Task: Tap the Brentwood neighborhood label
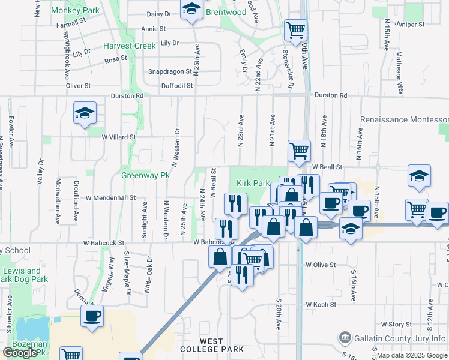[x=226, y=12]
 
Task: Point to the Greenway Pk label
[x=146, y=176]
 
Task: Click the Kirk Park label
[x=252, y=182]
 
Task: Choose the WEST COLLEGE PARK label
[x=221, y=345]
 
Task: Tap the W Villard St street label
[x=119, y=137]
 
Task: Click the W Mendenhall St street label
[x=111, y=197]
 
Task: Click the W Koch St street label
[x=321, y=305]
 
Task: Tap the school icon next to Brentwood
[x=191, y=9]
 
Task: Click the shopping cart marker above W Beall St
[x=299, y=150]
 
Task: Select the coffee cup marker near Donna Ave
[x=92, y=316]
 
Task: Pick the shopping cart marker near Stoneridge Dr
[x=295, y=29]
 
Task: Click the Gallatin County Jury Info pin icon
[x=344, y=338]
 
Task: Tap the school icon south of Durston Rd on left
[x=85, y=112]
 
